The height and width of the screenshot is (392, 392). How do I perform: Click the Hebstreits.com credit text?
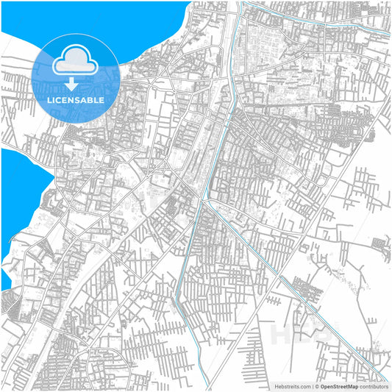tap(293, 386)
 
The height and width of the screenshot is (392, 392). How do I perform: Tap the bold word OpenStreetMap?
tap(339, 386)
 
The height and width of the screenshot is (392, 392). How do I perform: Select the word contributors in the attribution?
tap(374, 386)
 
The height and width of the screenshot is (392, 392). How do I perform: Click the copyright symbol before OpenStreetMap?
tap(316, 386)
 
